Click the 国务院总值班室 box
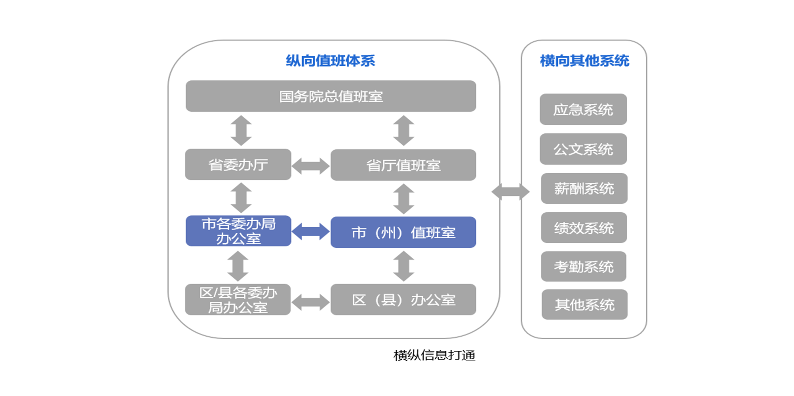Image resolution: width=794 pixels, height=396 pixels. [x=331, y=96]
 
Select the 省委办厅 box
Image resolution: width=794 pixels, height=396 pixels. [x=238, y=164]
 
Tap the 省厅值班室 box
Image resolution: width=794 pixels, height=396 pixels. [x=403, y=165]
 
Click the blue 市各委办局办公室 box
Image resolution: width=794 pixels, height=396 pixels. [x=238, y=231]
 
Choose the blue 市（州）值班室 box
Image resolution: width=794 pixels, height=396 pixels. [x=403, y=232]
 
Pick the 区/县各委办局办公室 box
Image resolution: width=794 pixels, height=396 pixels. [x=238, y=299]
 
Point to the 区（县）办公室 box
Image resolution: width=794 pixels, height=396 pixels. [x=403, y=299]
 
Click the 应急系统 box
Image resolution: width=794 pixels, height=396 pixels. [x=583, y=109]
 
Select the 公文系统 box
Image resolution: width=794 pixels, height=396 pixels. [x=583, y=149]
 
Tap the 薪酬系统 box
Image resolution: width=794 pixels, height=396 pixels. [x=584, y=188]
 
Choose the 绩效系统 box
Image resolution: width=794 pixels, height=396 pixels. [x=584, y=228]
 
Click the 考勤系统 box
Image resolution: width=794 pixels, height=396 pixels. [x=583, y=267]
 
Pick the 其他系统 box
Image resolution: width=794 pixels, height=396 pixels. [x=584, y=305]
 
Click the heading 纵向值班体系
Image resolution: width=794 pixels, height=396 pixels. [x=330, y=61]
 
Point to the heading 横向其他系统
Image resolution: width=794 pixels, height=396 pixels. [x=584, y=61]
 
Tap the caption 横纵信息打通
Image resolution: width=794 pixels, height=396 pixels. [x=434, y=355]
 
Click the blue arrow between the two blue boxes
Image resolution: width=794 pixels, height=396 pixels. [x=311, y=232]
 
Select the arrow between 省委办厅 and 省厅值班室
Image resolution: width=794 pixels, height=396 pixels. [x=311, y=166]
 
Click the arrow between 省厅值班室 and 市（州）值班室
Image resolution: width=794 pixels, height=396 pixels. [x=404, y=199]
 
